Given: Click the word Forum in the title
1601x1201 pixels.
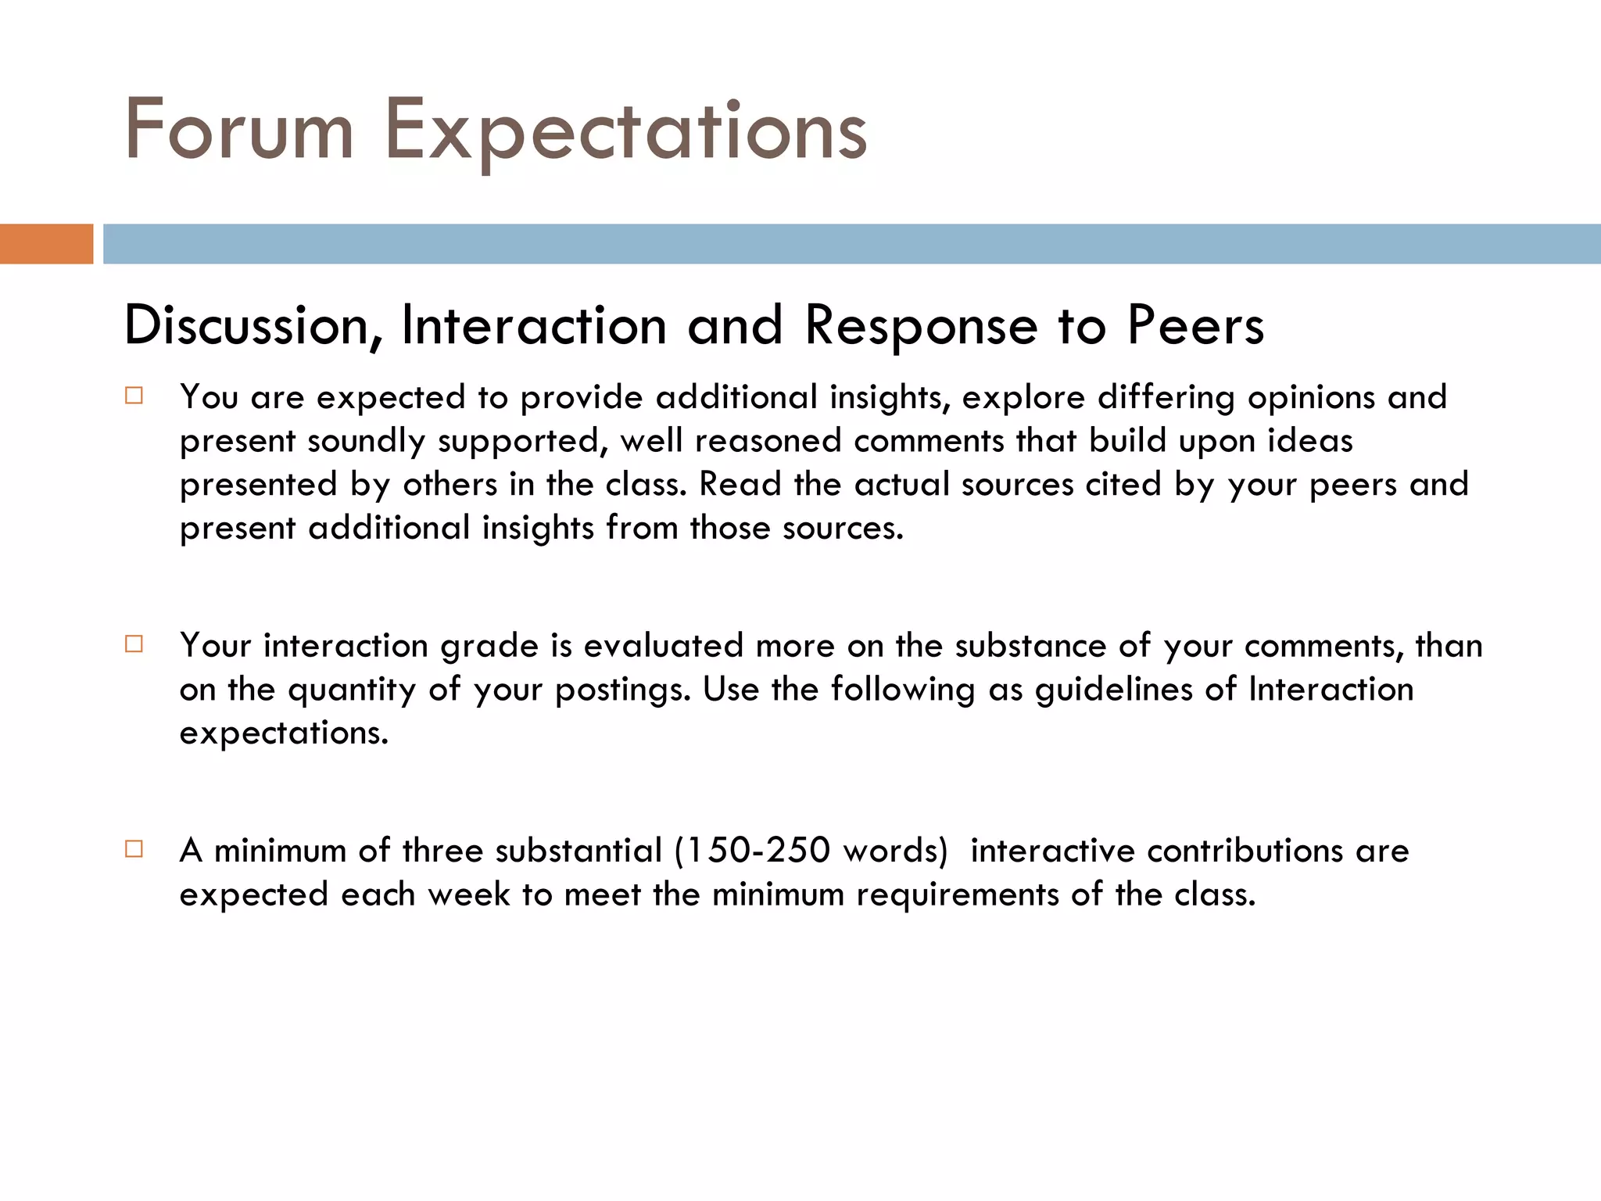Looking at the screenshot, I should point(239,130).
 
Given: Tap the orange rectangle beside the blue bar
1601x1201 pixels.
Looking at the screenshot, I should point(46,244).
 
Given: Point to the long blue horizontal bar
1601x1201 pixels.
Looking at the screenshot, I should point(851,244).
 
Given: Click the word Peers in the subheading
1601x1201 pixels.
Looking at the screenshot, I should point(1195,325).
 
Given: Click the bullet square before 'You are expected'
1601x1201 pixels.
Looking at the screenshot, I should point(134,396).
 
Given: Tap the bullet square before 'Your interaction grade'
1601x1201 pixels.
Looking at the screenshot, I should point(134,644).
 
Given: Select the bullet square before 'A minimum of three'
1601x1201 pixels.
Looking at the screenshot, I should point(134,849).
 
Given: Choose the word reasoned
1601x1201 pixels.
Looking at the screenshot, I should point(768,441).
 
